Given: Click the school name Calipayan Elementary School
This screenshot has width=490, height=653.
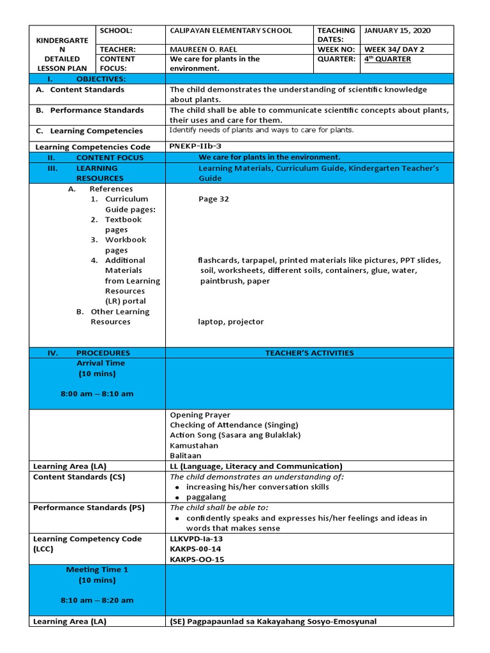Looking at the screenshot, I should [x=230, y=31].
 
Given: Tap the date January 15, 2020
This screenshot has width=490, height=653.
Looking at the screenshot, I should [x=397, y=31].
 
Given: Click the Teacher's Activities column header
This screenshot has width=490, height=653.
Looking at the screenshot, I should [x=309, y=353].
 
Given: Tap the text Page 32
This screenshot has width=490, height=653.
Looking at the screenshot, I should [x=213, y=199].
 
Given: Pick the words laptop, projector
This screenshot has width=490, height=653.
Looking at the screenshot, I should [x=230, y=322].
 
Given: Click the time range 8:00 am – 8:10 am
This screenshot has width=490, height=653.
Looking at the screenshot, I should [x=97, y=393].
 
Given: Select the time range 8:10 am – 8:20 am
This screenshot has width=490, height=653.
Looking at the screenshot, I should [x=97, y=600].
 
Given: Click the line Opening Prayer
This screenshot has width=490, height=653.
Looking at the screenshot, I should [x=200, y=415].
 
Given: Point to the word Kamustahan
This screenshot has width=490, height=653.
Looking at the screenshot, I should [x=194, y=446].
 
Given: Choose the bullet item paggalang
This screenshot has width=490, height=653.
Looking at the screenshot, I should [x=205, y=497].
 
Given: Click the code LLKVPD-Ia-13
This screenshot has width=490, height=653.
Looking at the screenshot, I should [x=197, y=539].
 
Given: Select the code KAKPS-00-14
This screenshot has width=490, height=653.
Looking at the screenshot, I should [x=195, y=549].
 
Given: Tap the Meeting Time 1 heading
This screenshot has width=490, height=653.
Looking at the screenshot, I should [x=97, y=569].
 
